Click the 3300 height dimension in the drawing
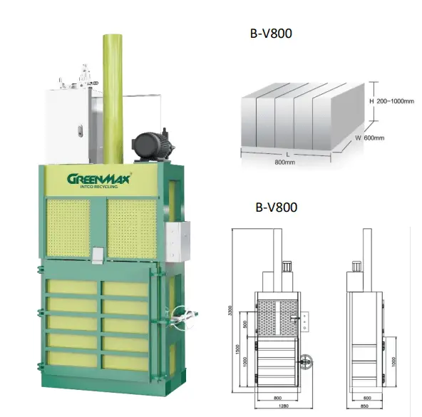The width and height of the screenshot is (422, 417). [230, 312]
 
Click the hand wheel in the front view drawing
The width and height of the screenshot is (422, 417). [307, 360]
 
